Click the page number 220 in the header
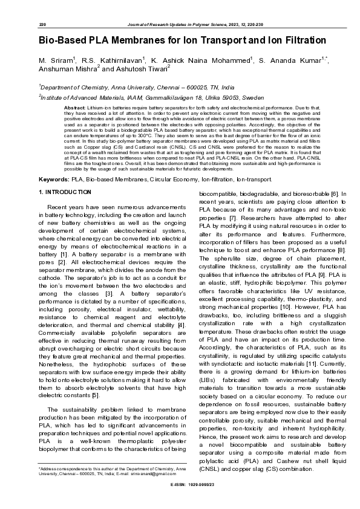pyautogui.click(x=43, y=24)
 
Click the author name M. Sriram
pyautogui.click(x=56, y=62)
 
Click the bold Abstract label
pyautogui.click(x=75, y=107)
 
